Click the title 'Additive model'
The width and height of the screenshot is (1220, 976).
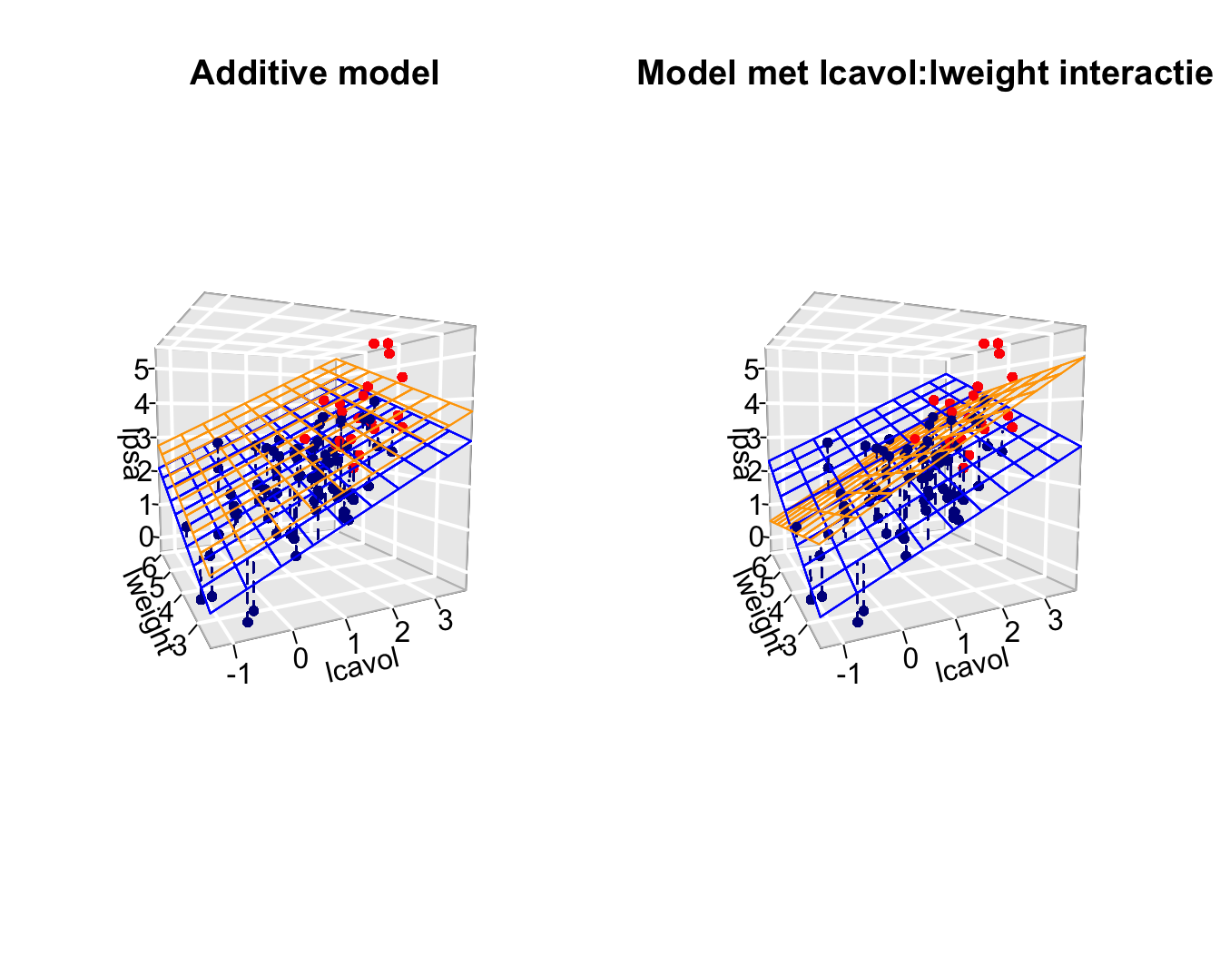click(314, 74)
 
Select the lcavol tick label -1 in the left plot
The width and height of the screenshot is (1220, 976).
click(239, 673)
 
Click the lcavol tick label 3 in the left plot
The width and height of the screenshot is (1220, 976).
click(445, 621)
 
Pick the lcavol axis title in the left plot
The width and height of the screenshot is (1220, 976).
click(362, 664)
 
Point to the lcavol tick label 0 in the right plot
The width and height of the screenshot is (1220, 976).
click(910, 659)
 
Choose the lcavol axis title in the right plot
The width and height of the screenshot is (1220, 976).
click(972, 664)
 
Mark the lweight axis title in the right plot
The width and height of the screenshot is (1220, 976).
click(758, 609)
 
